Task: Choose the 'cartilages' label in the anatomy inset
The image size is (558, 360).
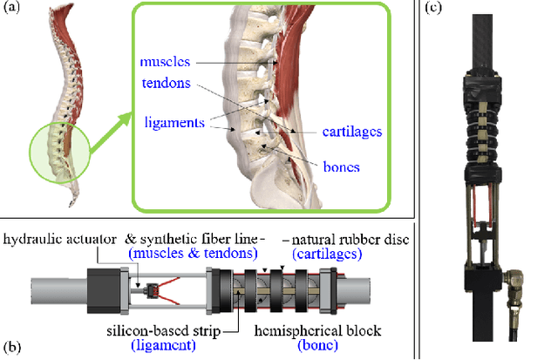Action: point(352,131)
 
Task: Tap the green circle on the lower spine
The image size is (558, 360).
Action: point(59,153)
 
